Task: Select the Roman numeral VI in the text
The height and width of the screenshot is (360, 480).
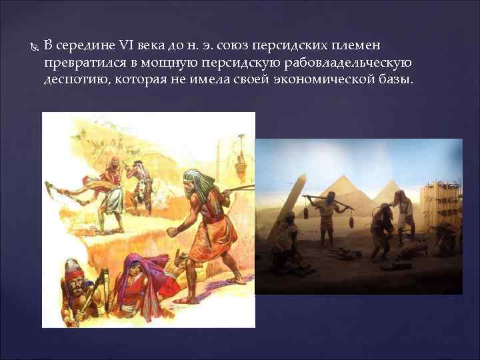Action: coord(127,46)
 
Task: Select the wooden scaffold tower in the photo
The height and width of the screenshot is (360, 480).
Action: coord(440,200)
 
